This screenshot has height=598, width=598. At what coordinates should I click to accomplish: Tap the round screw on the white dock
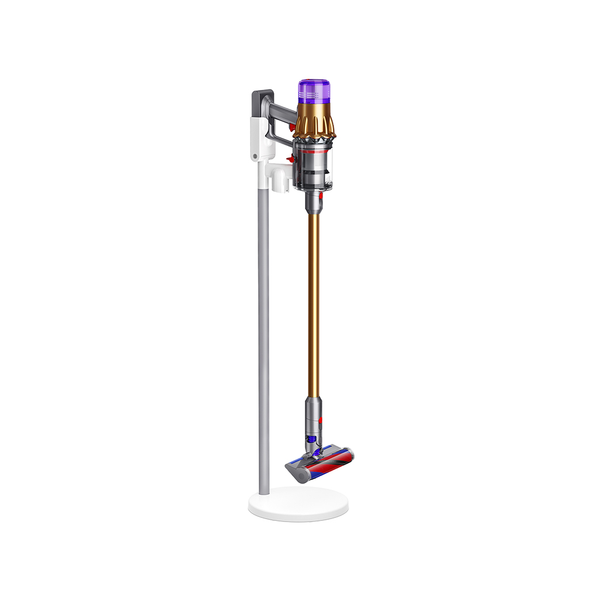[255, 156]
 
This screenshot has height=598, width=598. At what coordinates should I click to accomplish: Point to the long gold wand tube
[313, 304]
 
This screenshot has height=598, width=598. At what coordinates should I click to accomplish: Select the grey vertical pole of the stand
[263, 350]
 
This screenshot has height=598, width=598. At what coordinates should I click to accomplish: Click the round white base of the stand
[298, 505]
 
